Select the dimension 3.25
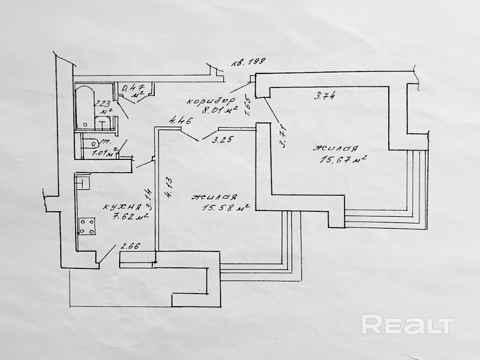tap(223, 139)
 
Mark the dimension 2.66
tap(131, 246)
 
